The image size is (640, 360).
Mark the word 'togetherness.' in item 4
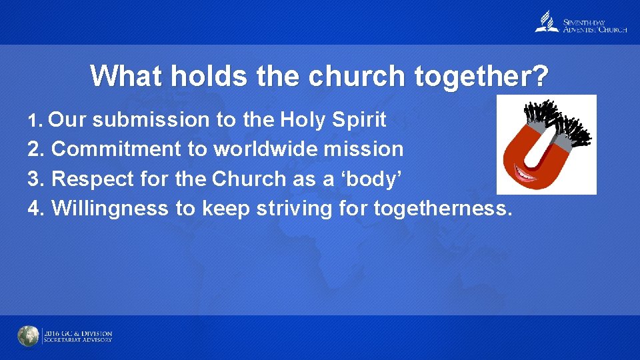443,209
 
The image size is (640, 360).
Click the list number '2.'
36,149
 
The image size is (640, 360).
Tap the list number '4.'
36,209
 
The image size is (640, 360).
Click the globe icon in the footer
28,337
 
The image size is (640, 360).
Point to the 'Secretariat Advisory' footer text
78,340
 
